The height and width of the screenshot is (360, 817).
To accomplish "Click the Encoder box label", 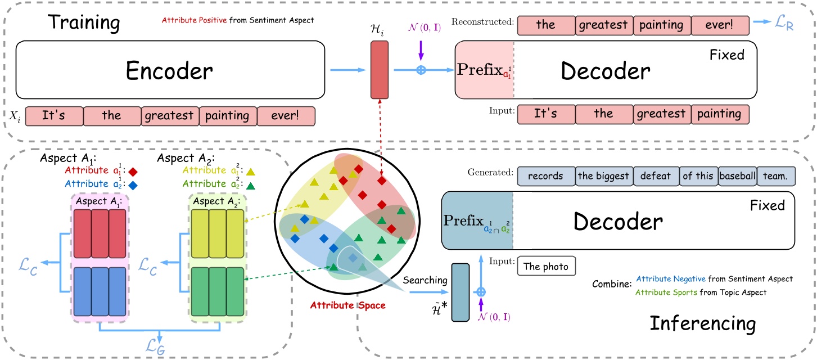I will pos(169,71).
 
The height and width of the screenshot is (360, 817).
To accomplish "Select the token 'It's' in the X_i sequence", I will pos(54,116).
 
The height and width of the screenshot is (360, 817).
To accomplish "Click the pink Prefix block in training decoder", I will pos(484,70).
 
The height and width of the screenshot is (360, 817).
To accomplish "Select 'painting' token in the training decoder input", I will pos(720,114).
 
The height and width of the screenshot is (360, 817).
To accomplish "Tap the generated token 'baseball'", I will pos(736,175).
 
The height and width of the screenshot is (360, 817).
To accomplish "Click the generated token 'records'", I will pos(545,175).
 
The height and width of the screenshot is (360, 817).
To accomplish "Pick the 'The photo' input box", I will pos(546,267).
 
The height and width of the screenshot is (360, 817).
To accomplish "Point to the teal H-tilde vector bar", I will pos(459,292).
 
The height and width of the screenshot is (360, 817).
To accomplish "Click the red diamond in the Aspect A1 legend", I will pos(133,170).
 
